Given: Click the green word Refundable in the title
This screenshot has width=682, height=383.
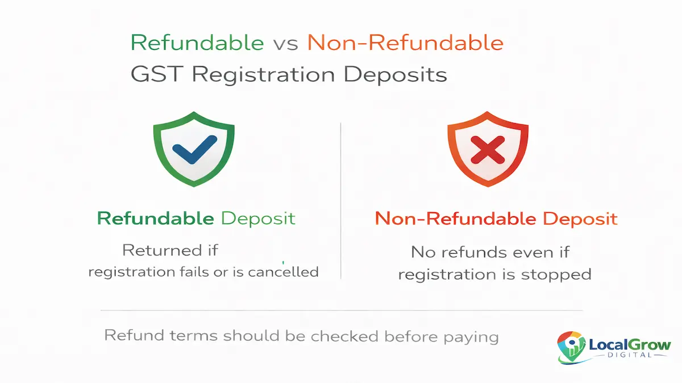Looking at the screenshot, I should (x=197, y=43).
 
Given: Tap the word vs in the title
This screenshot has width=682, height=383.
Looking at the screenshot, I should (x=285, y=44).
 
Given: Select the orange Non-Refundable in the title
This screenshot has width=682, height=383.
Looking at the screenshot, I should (x=405, y=43).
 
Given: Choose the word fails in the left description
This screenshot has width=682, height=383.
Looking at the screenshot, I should (x=196, y=272).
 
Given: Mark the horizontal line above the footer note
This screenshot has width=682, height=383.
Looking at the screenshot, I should (x=341, y=310).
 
